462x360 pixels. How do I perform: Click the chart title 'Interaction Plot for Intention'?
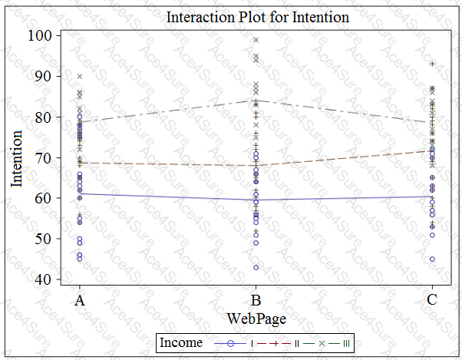(x=257, y=16)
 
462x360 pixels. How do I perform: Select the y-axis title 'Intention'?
(x=16, y=158)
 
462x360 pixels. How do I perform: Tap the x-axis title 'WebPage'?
(x=256, y=316)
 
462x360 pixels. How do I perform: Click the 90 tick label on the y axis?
(x=44, y=76)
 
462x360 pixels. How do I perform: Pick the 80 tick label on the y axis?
(x=44, y=117)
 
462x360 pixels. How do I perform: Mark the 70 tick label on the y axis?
(x=44, y=157)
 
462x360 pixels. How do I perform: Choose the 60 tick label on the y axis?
(x=44, y=198)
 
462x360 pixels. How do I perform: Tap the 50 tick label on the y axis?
(x=44, y=239)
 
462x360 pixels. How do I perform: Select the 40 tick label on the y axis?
(x=44, y=279)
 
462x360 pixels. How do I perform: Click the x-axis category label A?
(x=80, y=300)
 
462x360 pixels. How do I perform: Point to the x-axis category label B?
(x=256, y=300)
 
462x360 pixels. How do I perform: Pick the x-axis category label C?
(x=433, y=300)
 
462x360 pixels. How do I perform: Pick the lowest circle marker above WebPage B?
(x=256, y=267)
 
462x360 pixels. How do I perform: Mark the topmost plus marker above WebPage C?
(x=433, y=64)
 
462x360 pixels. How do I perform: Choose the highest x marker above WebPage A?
(x=80, y=76)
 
